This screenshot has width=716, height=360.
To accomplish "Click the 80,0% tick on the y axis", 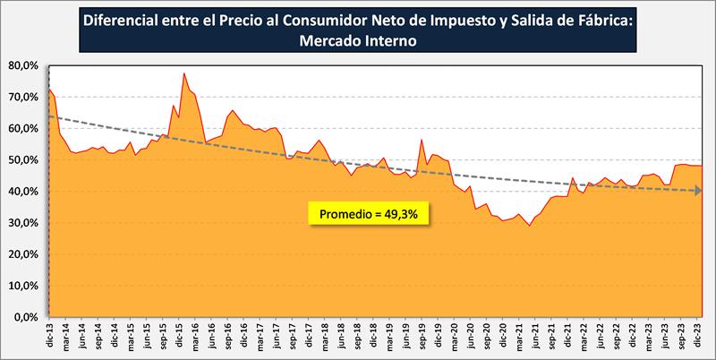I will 22,65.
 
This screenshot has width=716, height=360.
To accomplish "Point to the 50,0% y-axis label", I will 22,160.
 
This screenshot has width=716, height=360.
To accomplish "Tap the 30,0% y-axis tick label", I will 22,223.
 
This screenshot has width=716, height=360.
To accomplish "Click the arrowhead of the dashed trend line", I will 698,191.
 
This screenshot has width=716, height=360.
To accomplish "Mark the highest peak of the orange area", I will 183,73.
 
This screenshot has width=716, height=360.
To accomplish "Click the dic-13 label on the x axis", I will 49,337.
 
